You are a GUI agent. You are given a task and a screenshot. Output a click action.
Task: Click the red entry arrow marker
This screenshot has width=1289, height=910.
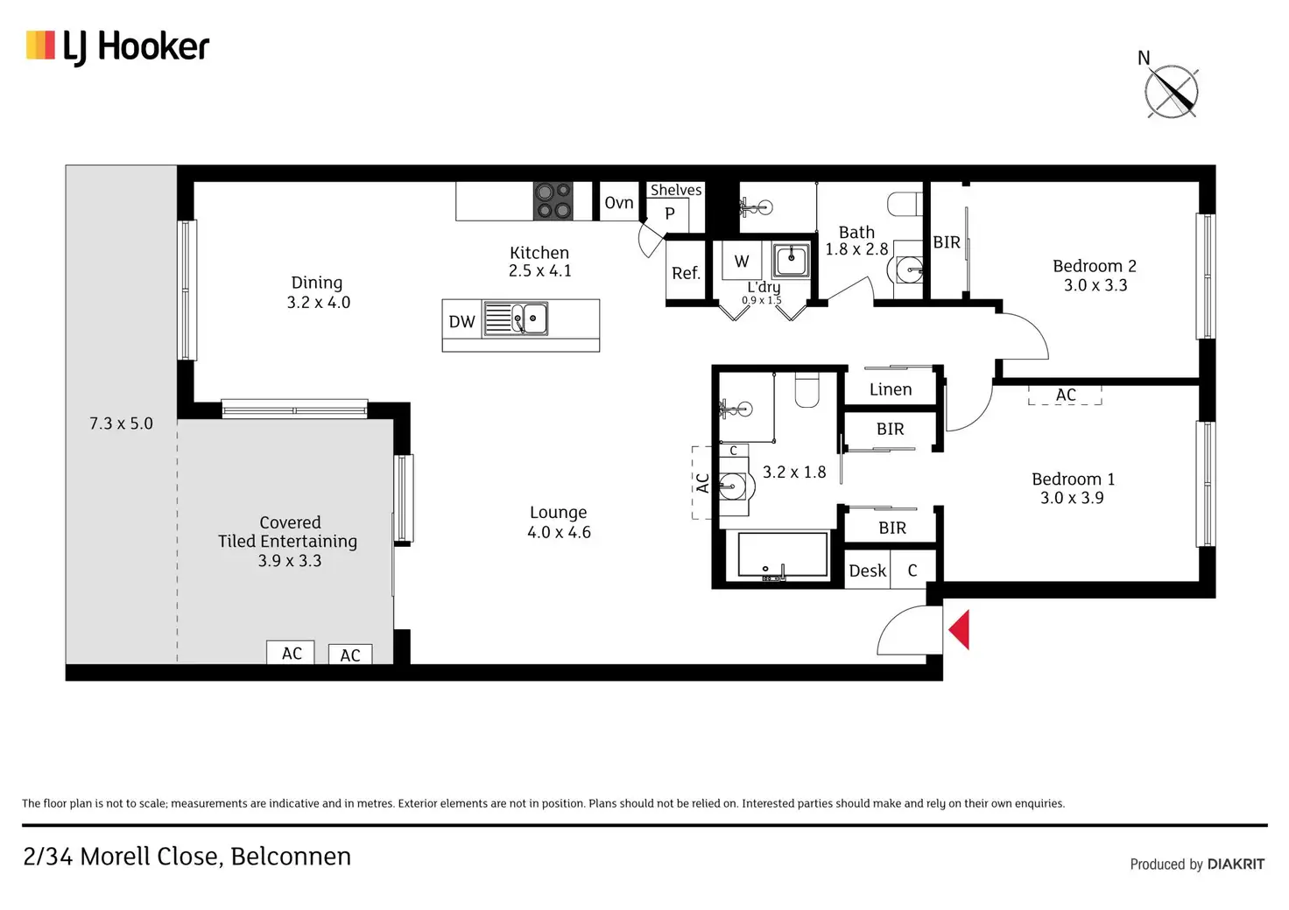(960, 629)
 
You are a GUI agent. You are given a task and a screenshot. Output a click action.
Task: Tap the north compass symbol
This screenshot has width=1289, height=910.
(1171, 92)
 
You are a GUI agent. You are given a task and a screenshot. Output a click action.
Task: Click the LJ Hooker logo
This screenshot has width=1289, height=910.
(118, 46)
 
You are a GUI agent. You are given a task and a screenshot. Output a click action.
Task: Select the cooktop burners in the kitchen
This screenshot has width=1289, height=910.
(553, 201)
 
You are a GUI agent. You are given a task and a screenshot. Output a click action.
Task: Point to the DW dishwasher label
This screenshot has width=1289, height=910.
(461, 322)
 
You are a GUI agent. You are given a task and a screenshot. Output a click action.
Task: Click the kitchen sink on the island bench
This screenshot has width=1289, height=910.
(529, 318)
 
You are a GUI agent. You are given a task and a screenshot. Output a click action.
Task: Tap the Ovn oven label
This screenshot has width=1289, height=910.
(619, 203)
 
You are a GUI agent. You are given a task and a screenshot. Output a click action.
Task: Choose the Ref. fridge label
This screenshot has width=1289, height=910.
(686, 273)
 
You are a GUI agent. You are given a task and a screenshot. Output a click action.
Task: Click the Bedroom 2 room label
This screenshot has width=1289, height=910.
(1094, 266)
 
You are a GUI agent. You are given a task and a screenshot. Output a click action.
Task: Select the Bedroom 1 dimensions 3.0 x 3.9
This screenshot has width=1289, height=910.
(1072, 498)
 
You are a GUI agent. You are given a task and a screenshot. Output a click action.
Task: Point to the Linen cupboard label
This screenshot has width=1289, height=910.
(891, 389)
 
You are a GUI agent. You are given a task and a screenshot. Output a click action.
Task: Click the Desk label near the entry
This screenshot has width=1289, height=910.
(867, 570)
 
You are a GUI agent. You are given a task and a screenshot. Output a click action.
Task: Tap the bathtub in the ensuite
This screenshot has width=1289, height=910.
(782, 555)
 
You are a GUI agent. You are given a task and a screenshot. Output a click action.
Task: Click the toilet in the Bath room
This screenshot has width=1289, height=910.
(905, 204)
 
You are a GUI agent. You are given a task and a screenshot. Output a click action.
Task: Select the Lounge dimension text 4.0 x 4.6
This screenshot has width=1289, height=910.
(559, 532)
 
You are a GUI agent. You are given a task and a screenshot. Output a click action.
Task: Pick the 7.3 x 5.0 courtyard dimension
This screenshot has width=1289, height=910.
(121, 423)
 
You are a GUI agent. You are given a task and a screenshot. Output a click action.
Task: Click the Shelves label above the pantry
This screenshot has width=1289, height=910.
(675, 190)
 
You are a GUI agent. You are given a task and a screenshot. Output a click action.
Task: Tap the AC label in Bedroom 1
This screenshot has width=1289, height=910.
(1065, 395)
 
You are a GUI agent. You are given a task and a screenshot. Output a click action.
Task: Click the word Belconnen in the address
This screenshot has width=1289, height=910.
(291, 856)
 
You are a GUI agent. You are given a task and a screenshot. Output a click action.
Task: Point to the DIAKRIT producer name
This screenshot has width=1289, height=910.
(1236, 864)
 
